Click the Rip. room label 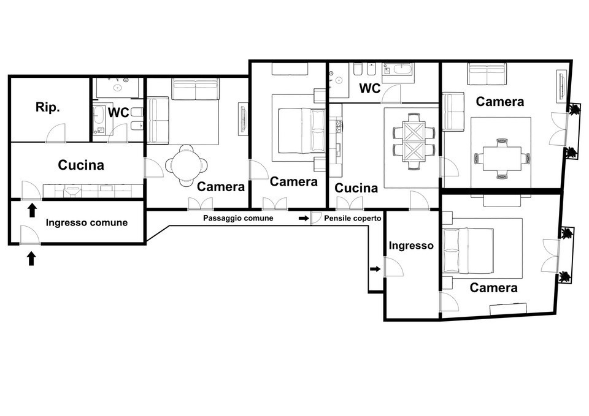(x=48, y=107)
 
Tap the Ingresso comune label (x=87, y=222)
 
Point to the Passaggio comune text (x=238, y=218)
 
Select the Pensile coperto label (x=353, y=218)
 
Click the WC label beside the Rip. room (x=118, y=113)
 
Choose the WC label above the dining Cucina (x=370, y=88)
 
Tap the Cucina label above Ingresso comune (x=81, y=165)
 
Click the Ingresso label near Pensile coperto (x=411, y=246)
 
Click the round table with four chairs (x=187, y=165)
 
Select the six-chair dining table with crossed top (x=414, y=142)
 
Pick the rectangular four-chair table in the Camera (x=502, y=158)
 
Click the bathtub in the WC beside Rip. (x=99, y=115)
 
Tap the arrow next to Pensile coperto (x=304, y=218)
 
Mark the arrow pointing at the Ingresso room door (x=375, y=269)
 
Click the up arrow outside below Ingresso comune (x=31, y=259)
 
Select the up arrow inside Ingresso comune (x=32, y=210)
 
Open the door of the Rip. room (x=56, y=134)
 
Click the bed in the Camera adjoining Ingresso (x=468, y=250)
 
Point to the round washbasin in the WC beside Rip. (x=118, y=88)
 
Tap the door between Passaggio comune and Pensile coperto (x=315, y=218)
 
